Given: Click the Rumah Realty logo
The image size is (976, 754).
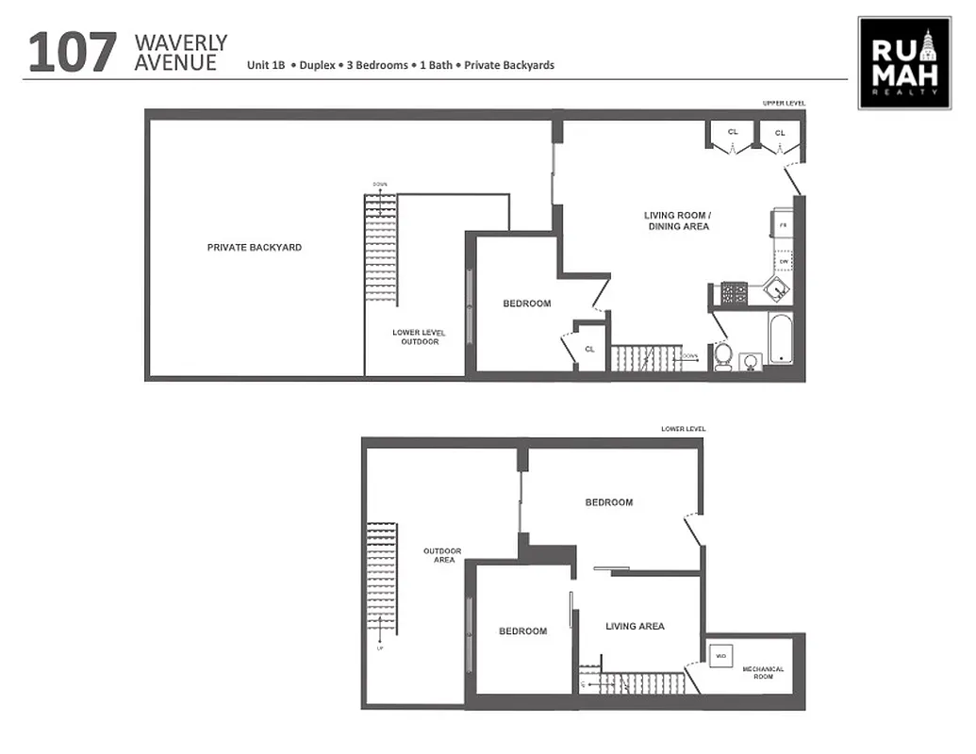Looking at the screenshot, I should click(x=903, y=62).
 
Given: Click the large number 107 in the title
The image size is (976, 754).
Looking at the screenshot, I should click(x=73, y=53).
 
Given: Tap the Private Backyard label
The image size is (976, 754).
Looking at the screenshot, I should click(x=255, y=248).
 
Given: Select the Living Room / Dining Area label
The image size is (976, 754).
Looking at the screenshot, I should click(x=676, y=221).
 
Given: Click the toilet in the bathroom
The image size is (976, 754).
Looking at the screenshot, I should click(x=723, y=356).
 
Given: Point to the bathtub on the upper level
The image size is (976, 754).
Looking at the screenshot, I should click(x=780, y=337).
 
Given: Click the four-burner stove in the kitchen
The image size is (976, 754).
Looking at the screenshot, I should click(x=733, y=294).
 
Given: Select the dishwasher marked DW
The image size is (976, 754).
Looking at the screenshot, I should click(x=783, y=261).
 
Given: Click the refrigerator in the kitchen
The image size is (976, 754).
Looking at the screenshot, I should click(x=784, y=226).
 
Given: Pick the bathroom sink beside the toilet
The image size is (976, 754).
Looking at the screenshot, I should click(x=752, y=362).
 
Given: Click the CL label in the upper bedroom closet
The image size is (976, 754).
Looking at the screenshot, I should click(x=589, y=349).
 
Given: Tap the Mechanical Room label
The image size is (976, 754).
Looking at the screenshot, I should click(x=763, y=673).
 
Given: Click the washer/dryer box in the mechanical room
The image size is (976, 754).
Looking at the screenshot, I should click(x=720, y=655).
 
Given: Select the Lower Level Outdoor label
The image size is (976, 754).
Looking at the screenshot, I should click(x=420, y=337).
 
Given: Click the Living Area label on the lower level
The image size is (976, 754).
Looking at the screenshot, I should click(x=635, y=627).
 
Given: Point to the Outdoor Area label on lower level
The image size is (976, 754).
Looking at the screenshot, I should click(x=442, y=555).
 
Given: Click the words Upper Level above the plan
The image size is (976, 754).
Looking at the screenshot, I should click(x=784, y=103).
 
